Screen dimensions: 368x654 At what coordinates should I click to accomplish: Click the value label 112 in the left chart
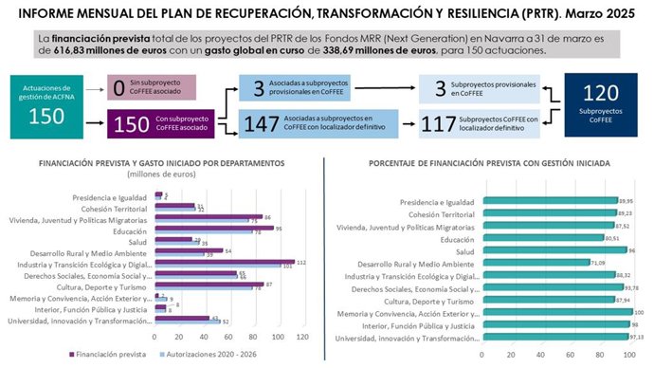click(301, 262)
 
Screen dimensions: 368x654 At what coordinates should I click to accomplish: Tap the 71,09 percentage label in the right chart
click(570, 263)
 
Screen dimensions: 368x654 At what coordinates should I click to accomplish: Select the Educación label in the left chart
click(130, 229)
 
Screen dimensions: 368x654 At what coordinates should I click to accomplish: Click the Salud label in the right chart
click(462, 250)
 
